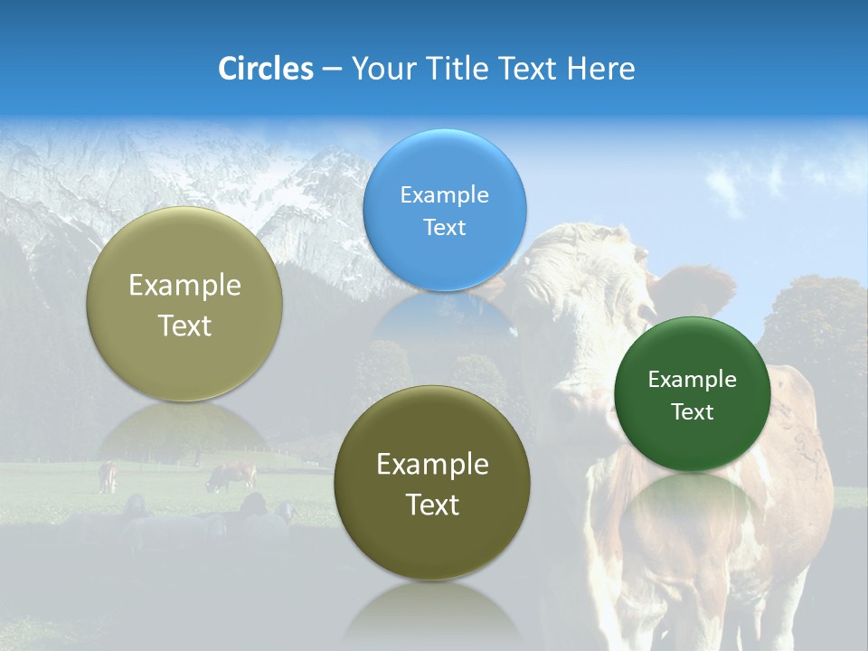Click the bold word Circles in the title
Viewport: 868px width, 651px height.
click(266, 69)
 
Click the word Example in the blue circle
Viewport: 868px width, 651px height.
click(444, 195)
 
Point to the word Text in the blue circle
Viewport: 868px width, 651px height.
click(444, 228)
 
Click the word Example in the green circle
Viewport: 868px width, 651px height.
click(693, 380)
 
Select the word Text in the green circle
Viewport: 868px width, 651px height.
click(693, 412)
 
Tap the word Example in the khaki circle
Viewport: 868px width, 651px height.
click(184, 286)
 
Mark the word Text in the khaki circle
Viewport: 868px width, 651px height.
click(184, 326)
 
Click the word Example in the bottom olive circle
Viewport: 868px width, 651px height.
click(432, 465)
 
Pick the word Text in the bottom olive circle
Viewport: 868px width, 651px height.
click(432, 505)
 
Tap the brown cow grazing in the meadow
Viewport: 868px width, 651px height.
click(232, 475)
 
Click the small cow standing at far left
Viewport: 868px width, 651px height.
click(108, 476)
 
